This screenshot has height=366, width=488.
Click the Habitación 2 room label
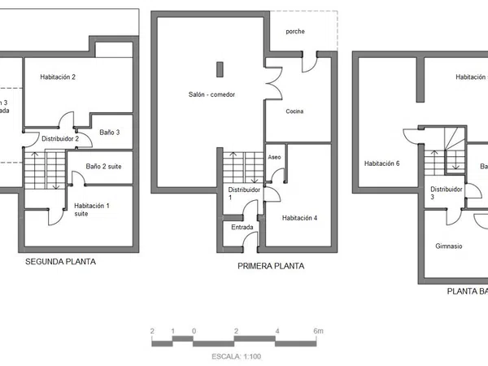coord(58,77)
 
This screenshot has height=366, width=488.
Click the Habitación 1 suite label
coord(91,210)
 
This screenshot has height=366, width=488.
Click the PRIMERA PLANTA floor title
coord(271,266)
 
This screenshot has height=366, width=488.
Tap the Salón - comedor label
coord(207,94)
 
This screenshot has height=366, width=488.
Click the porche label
coord(295,31)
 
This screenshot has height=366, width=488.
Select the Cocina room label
coord(294,111)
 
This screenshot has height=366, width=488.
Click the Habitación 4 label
coord(299,218)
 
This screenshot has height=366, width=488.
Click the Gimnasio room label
coord(449,246)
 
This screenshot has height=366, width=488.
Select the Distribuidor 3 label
coord(447,193)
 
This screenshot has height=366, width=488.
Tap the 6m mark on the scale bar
coord(318,331)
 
